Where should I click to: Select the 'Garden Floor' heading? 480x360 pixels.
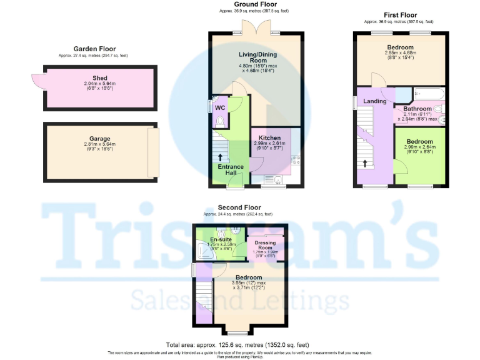pyautogui.click(x=94, y=49)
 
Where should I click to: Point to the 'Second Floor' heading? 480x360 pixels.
pyautogui.click(x=239, y=207)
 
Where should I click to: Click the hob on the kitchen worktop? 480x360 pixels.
pyautogui.click(x=296, y=159)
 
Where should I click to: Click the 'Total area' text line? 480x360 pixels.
pyautogui.click(x=237, y=345)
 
